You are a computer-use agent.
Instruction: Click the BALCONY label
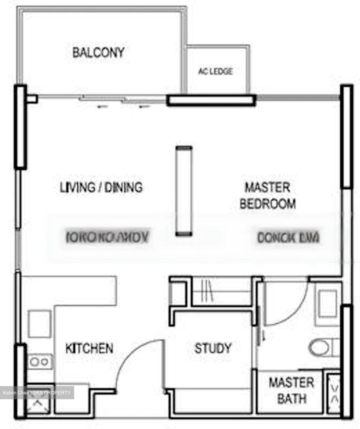(x=98, y=53)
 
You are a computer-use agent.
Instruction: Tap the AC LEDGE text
(x=215, y=71)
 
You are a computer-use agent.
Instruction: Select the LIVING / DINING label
(x=101, y=188)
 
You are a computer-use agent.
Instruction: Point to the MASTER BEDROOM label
(x=267, y=196)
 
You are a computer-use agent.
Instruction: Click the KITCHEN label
(x=89, y=348)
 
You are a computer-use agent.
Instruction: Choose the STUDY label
(x=213, y=348)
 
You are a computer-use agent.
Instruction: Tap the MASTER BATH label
(x=291, y=390)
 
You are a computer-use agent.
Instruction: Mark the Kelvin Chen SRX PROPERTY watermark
(x=37, y=393)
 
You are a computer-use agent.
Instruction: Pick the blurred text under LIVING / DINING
(x=107, y=237)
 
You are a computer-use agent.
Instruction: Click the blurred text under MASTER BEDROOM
(x=288, y=237)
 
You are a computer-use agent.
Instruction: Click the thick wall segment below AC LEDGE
(x=211, y=100)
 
